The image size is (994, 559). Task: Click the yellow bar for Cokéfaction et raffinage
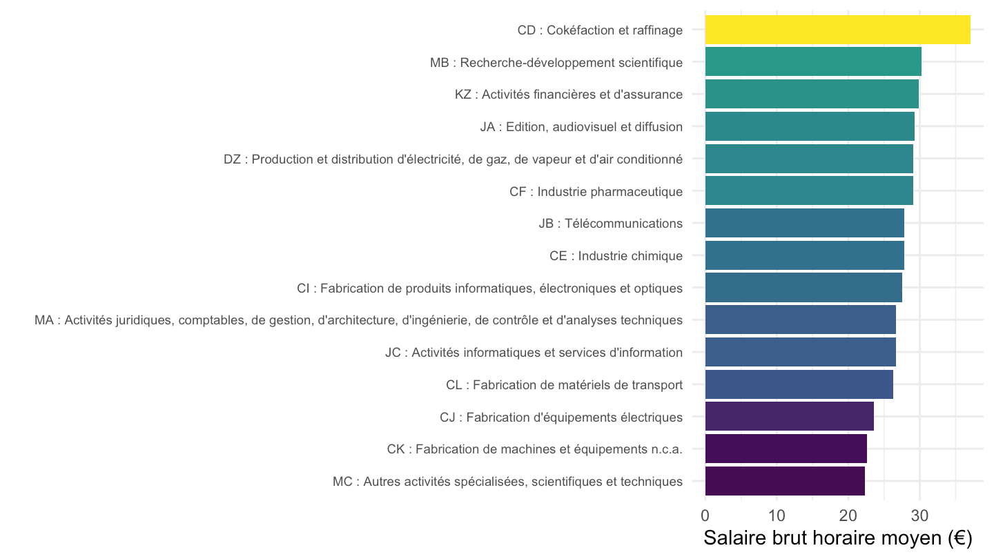pos(837,30)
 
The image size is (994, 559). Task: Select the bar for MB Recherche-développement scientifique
pos(813,61)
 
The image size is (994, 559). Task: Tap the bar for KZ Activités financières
pos(812,94)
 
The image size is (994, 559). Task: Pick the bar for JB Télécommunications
pos(805,223)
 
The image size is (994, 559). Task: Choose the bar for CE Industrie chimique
pos(805,255)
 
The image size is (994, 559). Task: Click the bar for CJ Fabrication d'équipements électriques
pos(790,417)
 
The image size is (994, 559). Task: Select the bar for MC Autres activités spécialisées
pos(785,482)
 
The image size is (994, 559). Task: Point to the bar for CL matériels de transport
pos(799,384)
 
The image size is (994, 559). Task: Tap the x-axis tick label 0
pos(705,516)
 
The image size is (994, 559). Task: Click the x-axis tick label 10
pos(777,516)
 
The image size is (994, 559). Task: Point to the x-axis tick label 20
pos(848,516)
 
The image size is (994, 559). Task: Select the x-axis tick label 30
pos(920,516)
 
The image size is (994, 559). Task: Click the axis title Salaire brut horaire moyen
pos(838,538)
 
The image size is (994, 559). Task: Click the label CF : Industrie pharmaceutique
pos(596,192)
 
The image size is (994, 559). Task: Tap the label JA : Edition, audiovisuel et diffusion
pos(581,127)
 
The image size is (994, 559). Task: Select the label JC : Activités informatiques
pos(534,353)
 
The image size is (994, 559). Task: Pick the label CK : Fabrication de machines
pos(535,449)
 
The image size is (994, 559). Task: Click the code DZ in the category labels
pos(232,159)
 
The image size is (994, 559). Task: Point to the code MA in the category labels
pos(44,320)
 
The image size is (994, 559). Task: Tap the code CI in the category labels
pos(303,288)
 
